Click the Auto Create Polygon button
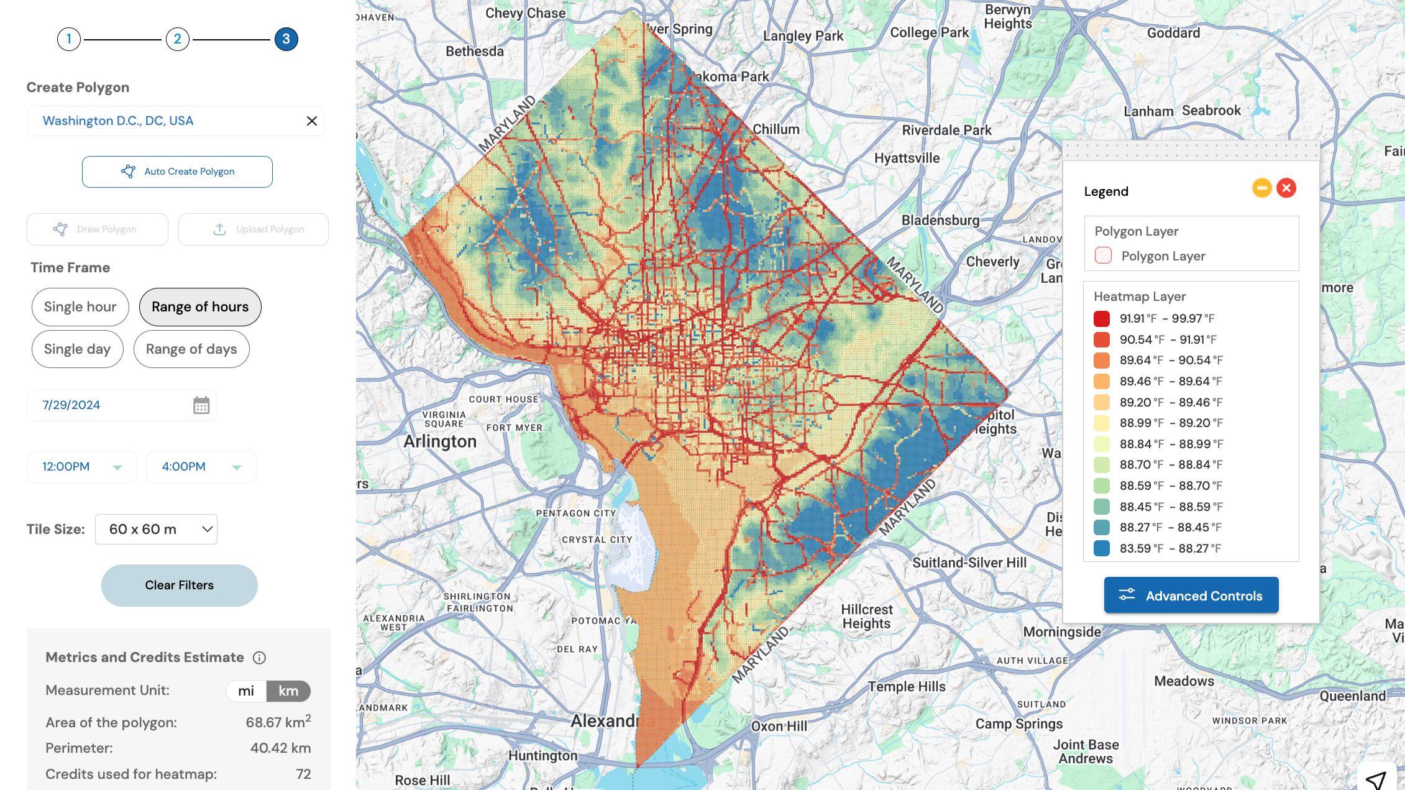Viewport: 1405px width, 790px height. (x=177, y=172)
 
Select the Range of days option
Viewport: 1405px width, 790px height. (x=191, y=349)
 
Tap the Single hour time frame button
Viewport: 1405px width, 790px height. (x=80, y=307)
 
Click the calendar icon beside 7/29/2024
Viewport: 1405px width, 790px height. (x=201, y=405)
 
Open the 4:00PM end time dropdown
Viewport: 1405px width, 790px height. (x=201, y=467)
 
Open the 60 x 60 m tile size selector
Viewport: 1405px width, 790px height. (x=156, y=530)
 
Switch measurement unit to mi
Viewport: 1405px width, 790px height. (x=246, y=691)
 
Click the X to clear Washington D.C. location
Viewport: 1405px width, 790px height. (x=312, y=121)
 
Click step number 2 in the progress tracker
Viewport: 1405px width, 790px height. (x=177, y=39)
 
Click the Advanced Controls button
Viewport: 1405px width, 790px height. (x=1191, y=595)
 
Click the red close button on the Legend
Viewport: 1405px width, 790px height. (x=1286, y=188)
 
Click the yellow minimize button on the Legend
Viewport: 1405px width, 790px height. (x=1261, y=188)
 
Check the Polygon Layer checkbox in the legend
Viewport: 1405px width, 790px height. (x=1103, y=255)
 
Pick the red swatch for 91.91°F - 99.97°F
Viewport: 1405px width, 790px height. (x=1101, y=319)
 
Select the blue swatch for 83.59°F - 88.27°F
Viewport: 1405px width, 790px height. (x=1101, y=548)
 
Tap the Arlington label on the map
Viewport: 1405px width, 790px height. (x=440, y=441)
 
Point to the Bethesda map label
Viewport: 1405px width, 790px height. (x=474, y=52)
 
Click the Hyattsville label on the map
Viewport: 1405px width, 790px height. (x=907, y=158)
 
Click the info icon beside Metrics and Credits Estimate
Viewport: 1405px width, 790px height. (x=259, y=658)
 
